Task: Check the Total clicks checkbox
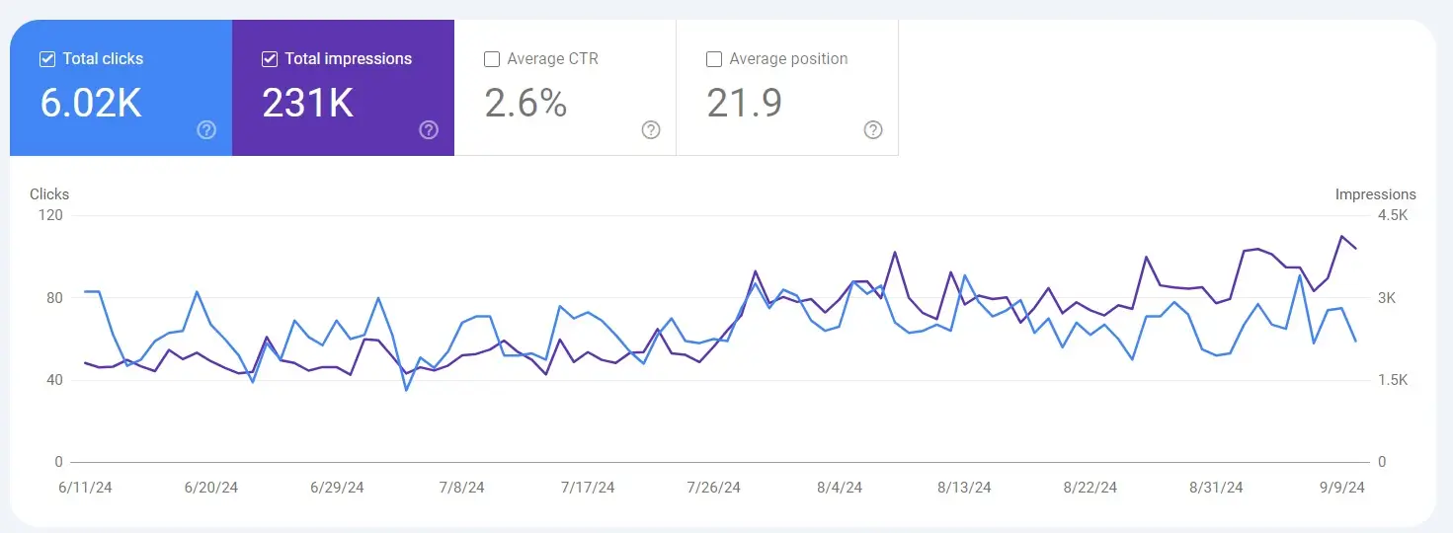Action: [x=47, y=59]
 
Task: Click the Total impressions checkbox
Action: [x=270, y=59]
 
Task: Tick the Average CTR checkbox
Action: [x=492, y=59]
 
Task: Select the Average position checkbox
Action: [x=714, y=59]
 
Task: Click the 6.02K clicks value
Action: [x=91, y=103]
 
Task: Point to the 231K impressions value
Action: [x=307, y=103]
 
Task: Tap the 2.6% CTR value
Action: [x=525, y=103]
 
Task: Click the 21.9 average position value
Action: [x=744, y=103]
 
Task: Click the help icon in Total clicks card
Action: [x=206, y=130]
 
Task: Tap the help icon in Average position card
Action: [x=873, y=130]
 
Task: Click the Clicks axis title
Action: [x=49, y=194]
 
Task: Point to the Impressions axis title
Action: [x=1375, y=194]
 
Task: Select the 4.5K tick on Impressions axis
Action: [x=1394, y=215]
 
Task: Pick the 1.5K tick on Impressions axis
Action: [x=1394, y=380]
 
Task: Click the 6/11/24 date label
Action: [x=85, y=488]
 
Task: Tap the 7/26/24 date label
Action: [x=714, y=488]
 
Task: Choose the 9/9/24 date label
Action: [x=1343, y=488]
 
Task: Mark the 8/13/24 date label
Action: [x=965, y=488]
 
